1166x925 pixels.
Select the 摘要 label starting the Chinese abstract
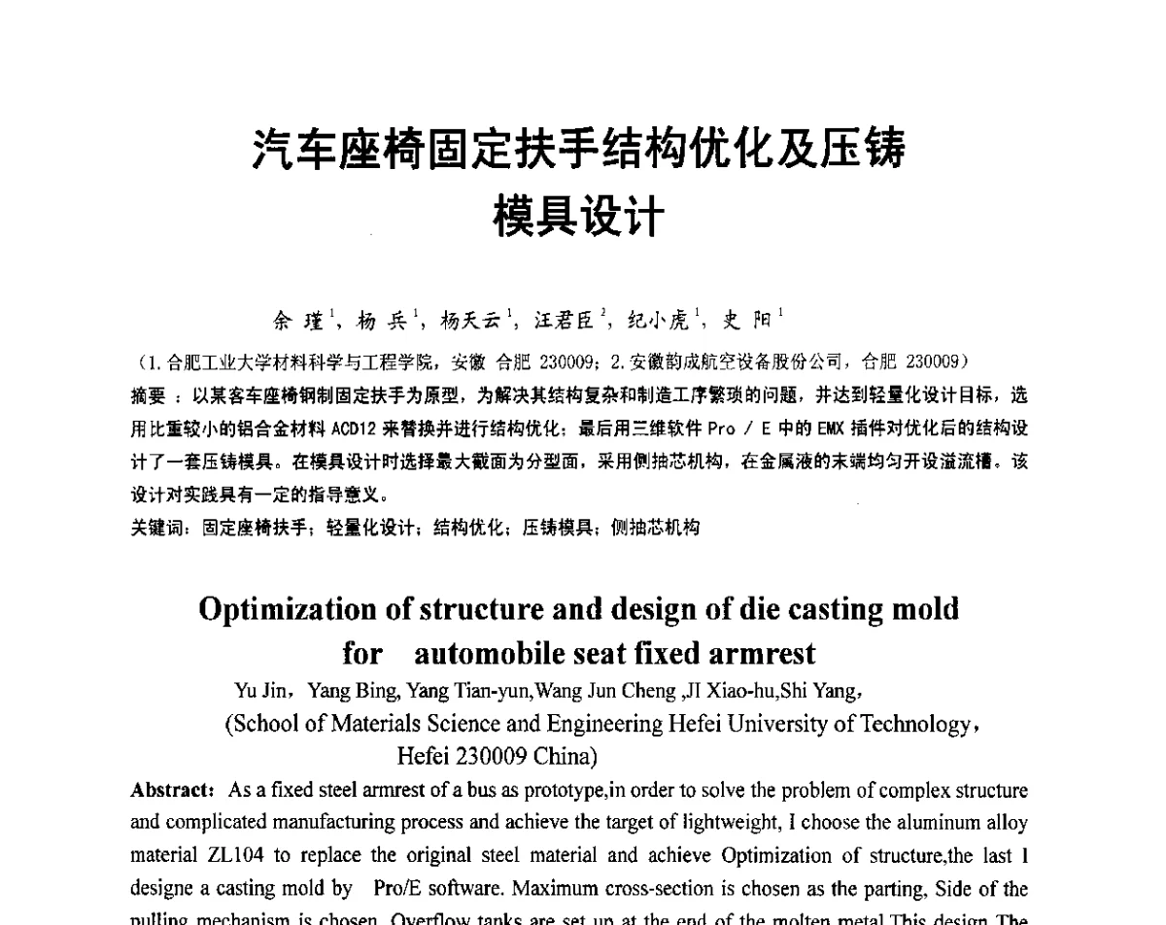pyautogui.click(x=148, y=396)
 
